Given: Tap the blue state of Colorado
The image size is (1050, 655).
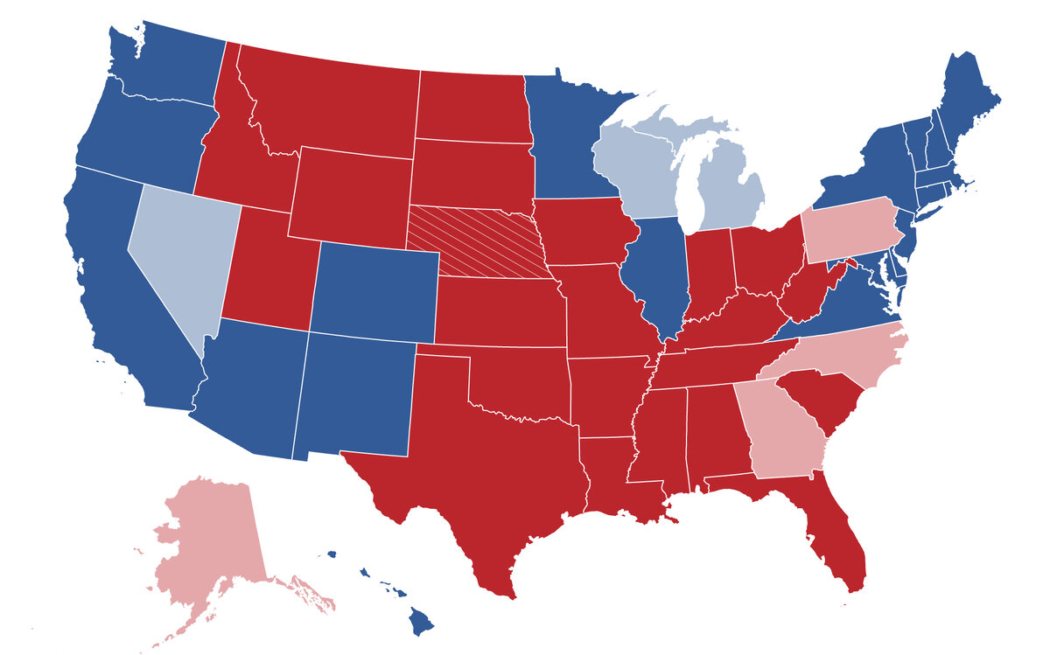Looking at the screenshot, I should click(x=374, y=293).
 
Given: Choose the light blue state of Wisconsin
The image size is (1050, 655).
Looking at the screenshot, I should click(x=634, y=171).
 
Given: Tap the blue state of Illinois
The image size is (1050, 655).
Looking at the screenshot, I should click(x=656, y=271).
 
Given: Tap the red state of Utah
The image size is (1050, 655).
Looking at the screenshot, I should click(x=262, y=271).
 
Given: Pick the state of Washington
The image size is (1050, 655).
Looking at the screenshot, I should click(x=166, y=66).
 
